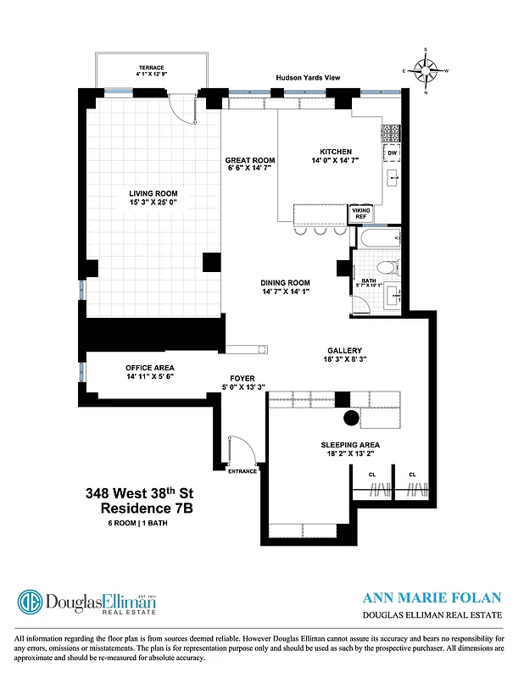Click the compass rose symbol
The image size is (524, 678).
click(x=431, y=71)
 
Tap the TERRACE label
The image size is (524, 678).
click(x=151, y=67)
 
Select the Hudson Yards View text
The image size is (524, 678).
click(x=308, y=78)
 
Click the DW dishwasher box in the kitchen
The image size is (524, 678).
click(x=393, y=153)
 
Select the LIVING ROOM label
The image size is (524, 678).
click(x=153, y=193)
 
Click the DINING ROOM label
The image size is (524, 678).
click(x=286, y=283)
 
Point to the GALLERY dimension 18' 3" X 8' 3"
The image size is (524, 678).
click(x=345, y=360)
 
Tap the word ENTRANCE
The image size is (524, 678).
click(x=242, y=471)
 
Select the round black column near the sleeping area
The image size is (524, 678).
click(x=349, y=418)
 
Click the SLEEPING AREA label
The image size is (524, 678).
click(x=349, y=445)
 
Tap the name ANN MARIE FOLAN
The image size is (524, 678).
click(x=432, y=597)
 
